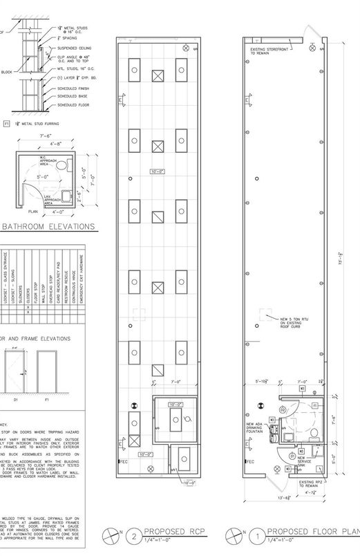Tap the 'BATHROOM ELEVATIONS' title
[x=49, y=226]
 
